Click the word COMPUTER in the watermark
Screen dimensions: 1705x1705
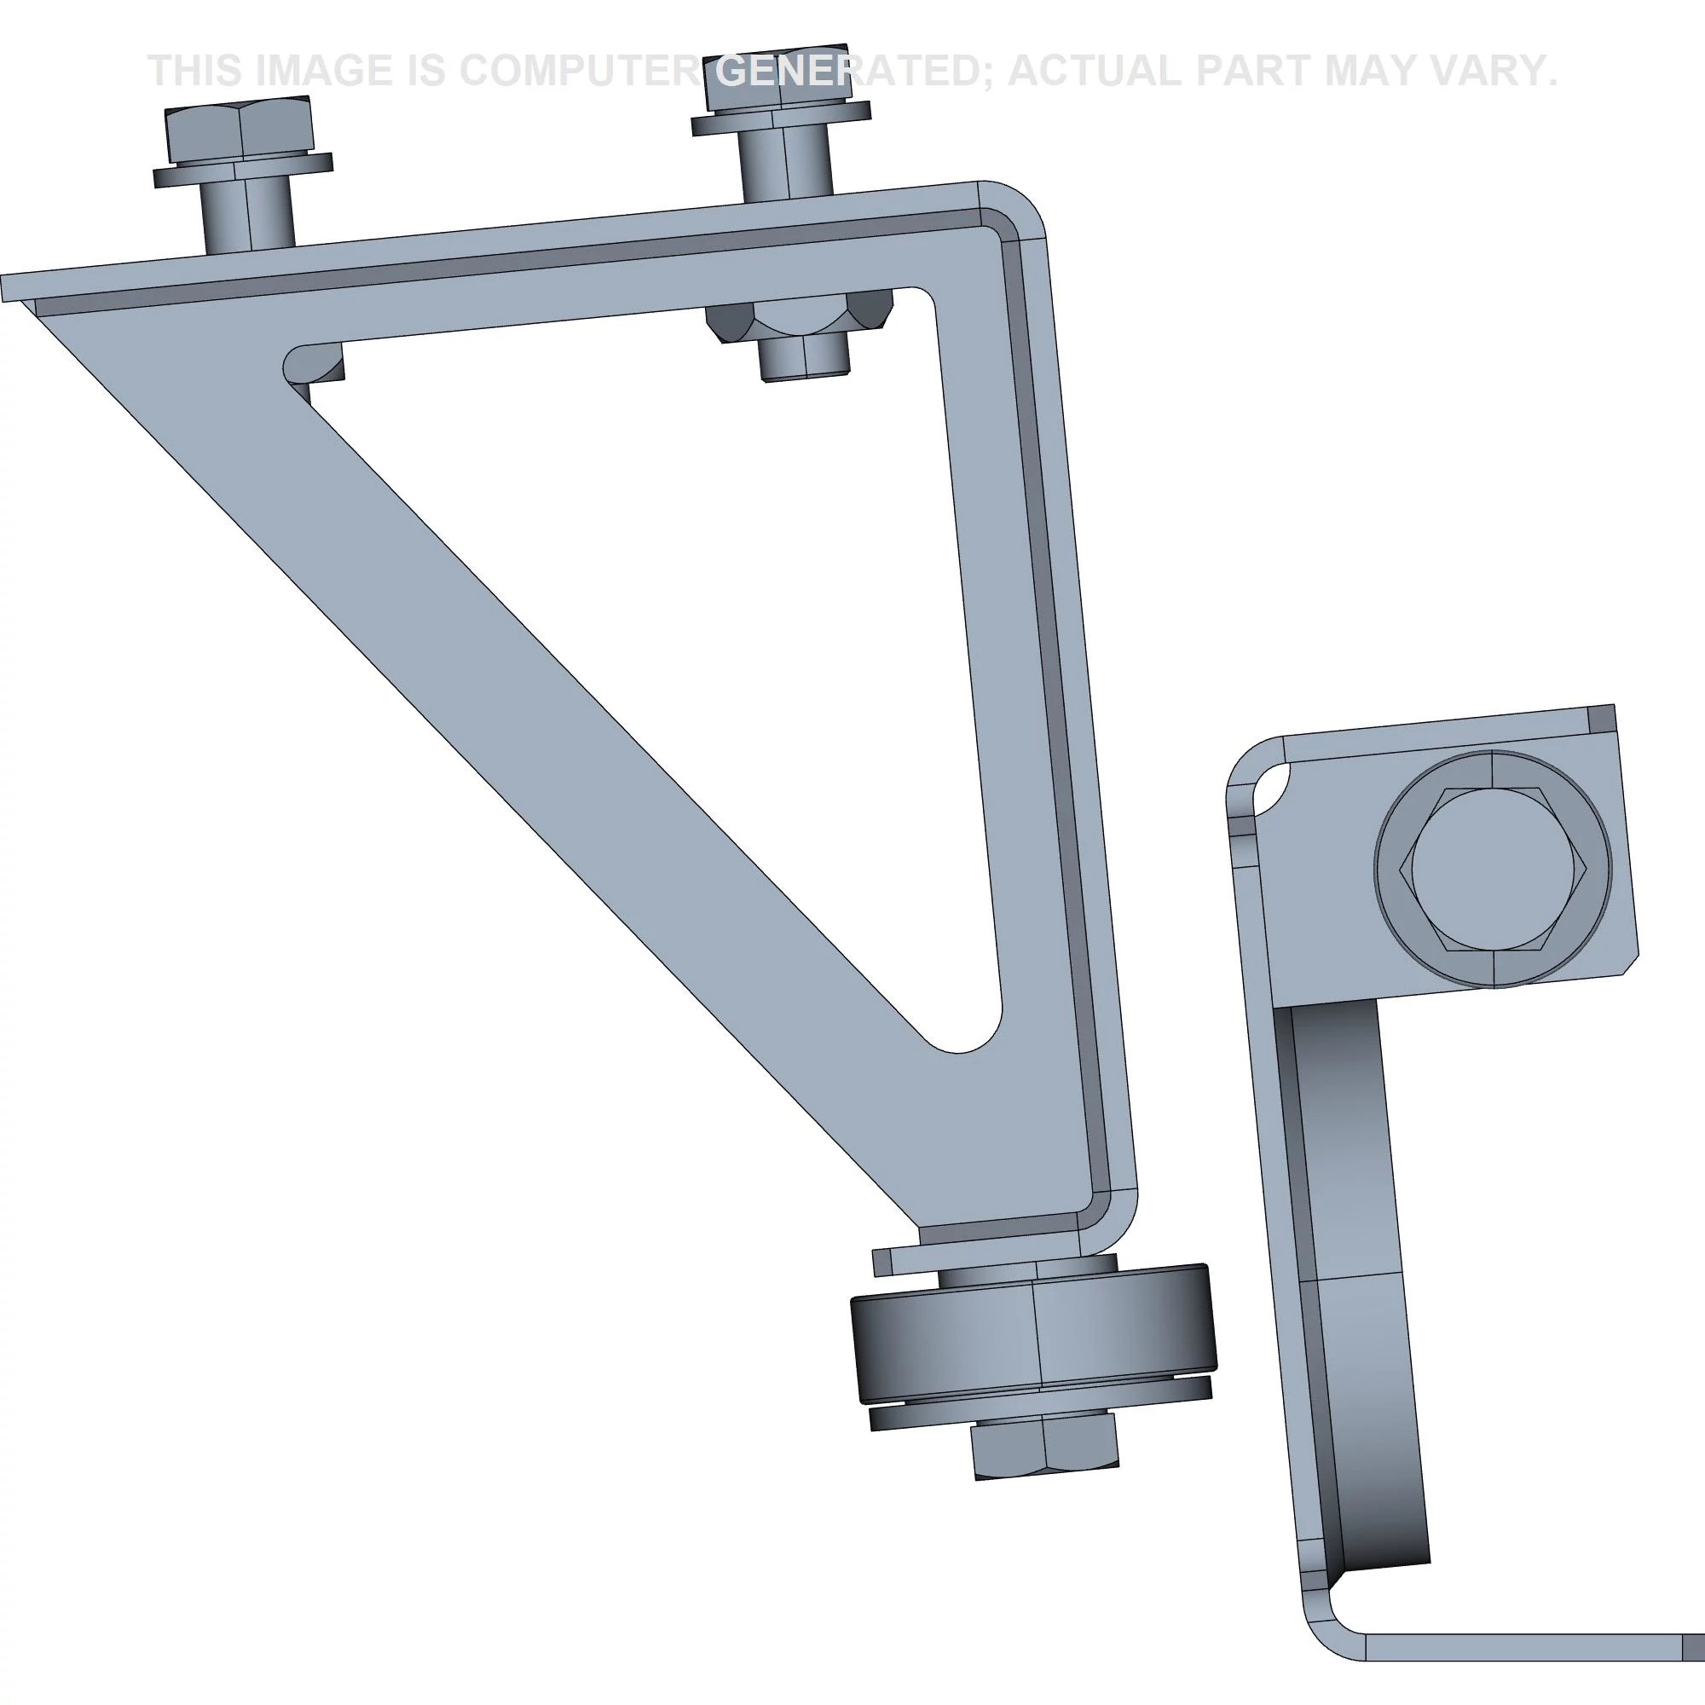579,71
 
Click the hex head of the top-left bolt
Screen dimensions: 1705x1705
239,130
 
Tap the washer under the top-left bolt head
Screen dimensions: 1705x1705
243,170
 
